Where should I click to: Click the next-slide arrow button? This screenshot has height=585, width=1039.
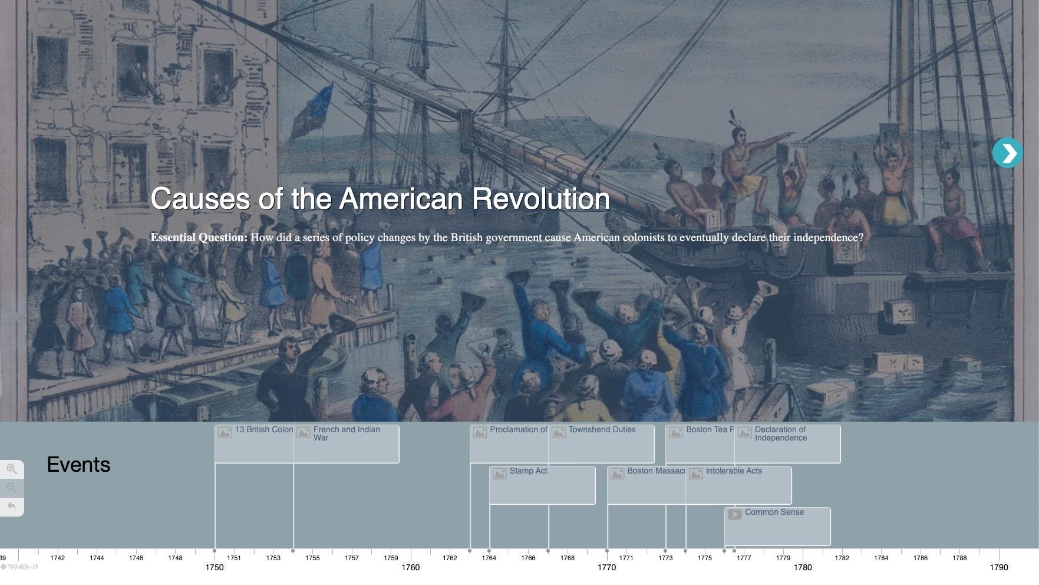click(1007, 153)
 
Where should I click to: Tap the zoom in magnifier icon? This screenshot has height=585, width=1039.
click(12, 469)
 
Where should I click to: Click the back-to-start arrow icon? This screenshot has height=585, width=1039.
click(12, 506)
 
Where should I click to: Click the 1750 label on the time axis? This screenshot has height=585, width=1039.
click(215, 567)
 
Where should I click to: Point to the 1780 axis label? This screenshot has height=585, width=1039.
click(803, 567)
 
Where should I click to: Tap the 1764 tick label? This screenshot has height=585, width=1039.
click(489, 558)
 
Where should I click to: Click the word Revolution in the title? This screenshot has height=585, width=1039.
click(540, 199)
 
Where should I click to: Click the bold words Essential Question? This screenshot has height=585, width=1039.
click(199, 238)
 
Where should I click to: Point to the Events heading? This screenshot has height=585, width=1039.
click(78, 465)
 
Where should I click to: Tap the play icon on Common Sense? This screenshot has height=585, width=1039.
click(734, 514)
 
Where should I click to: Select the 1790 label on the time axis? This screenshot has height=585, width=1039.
click(999, 567)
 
